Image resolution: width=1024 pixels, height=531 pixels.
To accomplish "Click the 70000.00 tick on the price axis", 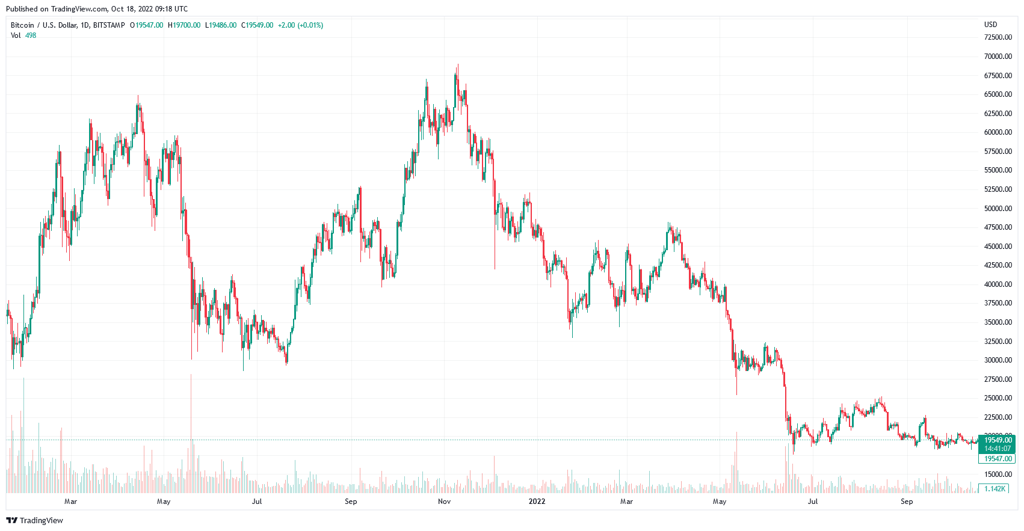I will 998,57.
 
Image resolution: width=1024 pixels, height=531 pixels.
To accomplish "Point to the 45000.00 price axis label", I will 998,247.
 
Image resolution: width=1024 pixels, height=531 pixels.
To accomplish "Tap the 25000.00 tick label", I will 998,398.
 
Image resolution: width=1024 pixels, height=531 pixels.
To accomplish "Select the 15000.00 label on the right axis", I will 998,474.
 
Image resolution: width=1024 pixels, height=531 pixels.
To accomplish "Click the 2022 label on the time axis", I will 537,502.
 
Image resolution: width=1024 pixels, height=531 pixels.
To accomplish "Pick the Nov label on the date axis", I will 445,502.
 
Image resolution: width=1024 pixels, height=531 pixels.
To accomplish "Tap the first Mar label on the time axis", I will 70,502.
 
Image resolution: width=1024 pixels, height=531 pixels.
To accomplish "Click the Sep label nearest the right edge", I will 907,502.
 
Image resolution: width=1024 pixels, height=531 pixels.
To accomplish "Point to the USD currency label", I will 990,25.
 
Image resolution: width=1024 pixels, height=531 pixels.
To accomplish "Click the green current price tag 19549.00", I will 998,440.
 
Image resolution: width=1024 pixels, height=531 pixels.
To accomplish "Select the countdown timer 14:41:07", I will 998,449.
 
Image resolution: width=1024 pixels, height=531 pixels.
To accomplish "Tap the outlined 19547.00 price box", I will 998,459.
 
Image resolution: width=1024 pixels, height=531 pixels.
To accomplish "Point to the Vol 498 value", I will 31,35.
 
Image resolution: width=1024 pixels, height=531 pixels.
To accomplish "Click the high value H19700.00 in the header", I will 184,25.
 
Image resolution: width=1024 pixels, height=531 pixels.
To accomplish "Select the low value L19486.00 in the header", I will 221,25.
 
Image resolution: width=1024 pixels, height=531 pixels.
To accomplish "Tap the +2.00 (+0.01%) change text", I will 300,25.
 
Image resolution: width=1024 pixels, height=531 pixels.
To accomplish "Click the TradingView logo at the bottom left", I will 34,520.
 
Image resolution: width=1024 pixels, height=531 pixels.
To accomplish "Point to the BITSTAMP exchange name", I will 109,25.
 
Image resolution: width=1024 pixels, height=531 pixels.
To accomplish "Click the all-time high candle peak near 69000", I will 458,65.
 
